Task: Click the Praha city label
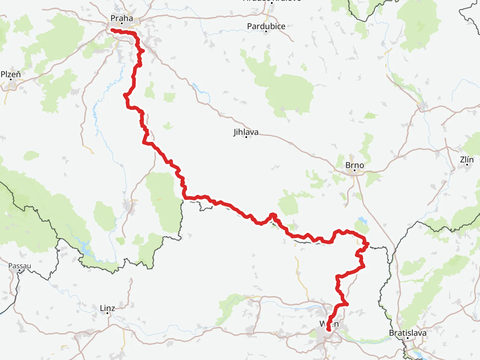point(121,18)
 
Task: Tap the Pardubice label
point(266,26)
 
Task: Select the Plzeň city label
point(10,74)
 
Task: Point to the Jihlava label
point(246,132)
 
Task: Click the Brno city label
point(355,165)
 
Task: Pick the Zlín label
point(467,160)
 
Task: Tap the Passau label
point(19,266)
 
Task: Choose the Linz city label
point(107,308)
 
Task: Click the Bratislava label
point(407,333)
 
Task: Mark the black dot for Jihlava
point(246,137)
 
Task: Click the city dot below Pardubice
point(266,31)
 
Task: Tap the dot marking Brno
point(354,170)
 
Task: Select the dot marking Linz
point(107,313)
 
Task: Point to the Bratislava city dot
point(407,338)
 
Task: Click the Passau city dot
point(19,270)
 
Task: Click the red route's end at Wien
point(329,330)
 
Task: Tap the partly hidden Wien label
point(329,324)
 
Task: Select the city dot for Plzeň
point(10,79)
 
